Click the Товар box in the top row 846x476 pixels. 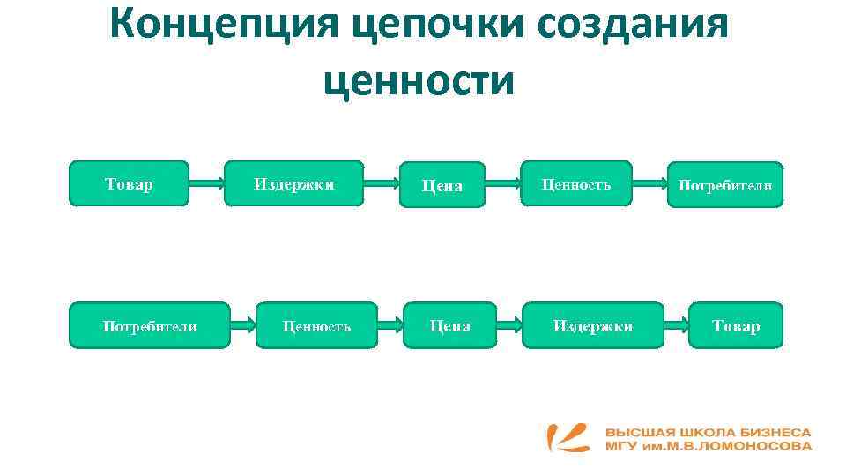click(x=129, y=183)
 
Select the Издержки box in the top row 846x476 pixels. click(x=293, y=183)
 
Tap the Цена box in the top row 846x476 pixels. click(x=442, y=185)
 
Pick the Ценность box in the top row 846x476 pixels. click(x=575, y=183)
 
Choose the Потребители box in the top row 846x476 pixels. click(x=724, y=185)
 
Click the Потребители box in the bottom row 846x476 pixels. click(x=149, y=325)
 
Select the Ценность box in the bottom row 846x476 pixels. click(x=316, y=325)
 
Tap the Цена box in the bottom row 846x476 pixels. click(x=449, y=325)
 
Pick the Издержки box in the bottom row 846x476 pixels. click(x=592, y=325)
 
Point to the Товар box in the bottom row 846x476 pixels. click(x=736, y=325)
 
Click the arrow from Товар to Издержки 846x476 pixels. click(x=206, y=184)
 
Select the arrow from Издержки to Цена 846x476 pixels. click(x=381, y=184)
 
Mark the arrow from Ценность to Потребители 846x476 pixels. click(x=649, y=184)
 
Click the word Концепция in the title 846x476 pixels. click(x=226, y=26)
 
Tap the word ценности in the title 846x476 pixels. click(x=419, y=81)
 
